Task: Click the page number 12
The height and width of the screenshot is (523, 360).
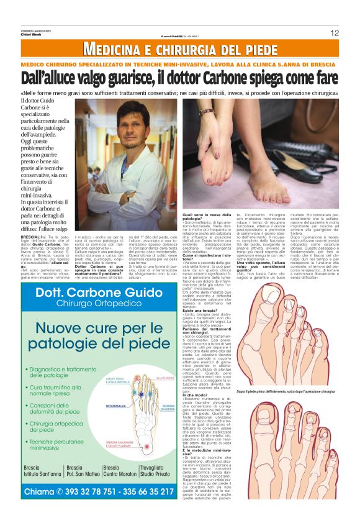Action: point(334,33)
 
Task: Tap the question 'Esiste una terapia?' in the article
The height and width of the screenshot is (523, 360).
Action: point(202,309)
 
